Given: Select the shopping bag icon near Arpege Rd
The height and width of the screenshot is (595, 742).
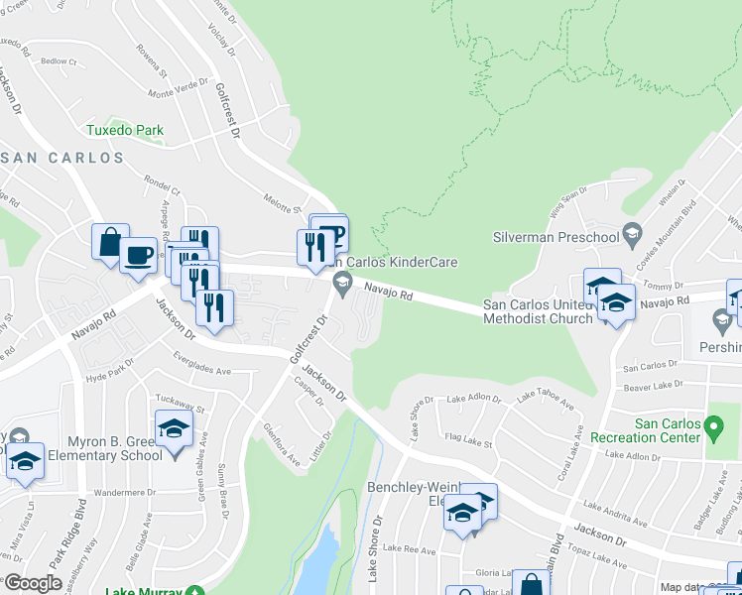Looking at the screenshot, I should click(109, 243).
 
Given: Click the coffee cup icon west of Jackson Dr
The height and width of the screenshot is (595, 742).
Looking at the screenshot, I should click(138, 255).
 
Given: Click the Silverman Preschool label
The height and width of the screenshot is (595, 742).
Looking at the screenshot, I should click(555, 237).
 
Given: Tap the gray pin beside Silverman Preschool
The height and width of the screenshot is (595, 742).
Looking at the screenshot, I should click(631, 235).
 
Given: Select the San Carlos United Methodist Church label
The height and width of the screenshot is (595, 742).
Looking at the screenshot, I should click(537, 311).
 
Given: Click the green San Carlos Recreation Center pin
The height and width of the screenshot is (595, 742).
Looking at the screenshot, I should click(713, 429).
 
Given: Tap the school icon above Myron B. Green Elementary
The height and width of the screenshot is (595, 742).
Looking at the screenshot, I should click(174, 428).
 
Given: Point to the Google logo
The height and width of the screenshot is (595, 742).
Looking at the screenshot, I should click(32, 584).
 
